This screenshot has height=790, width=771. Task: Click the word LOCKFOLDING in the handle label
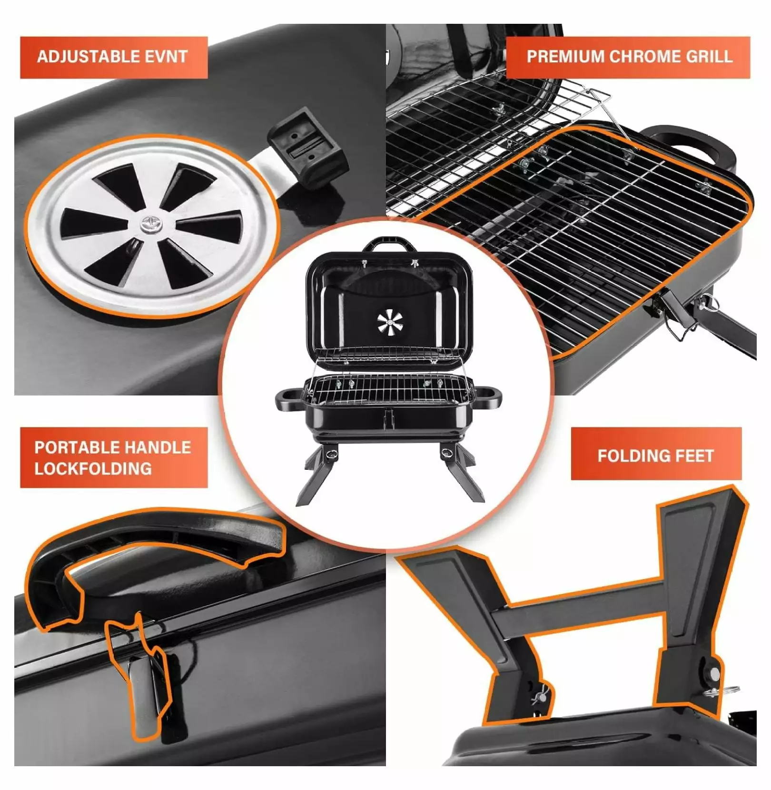click(x=93, y=469)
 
